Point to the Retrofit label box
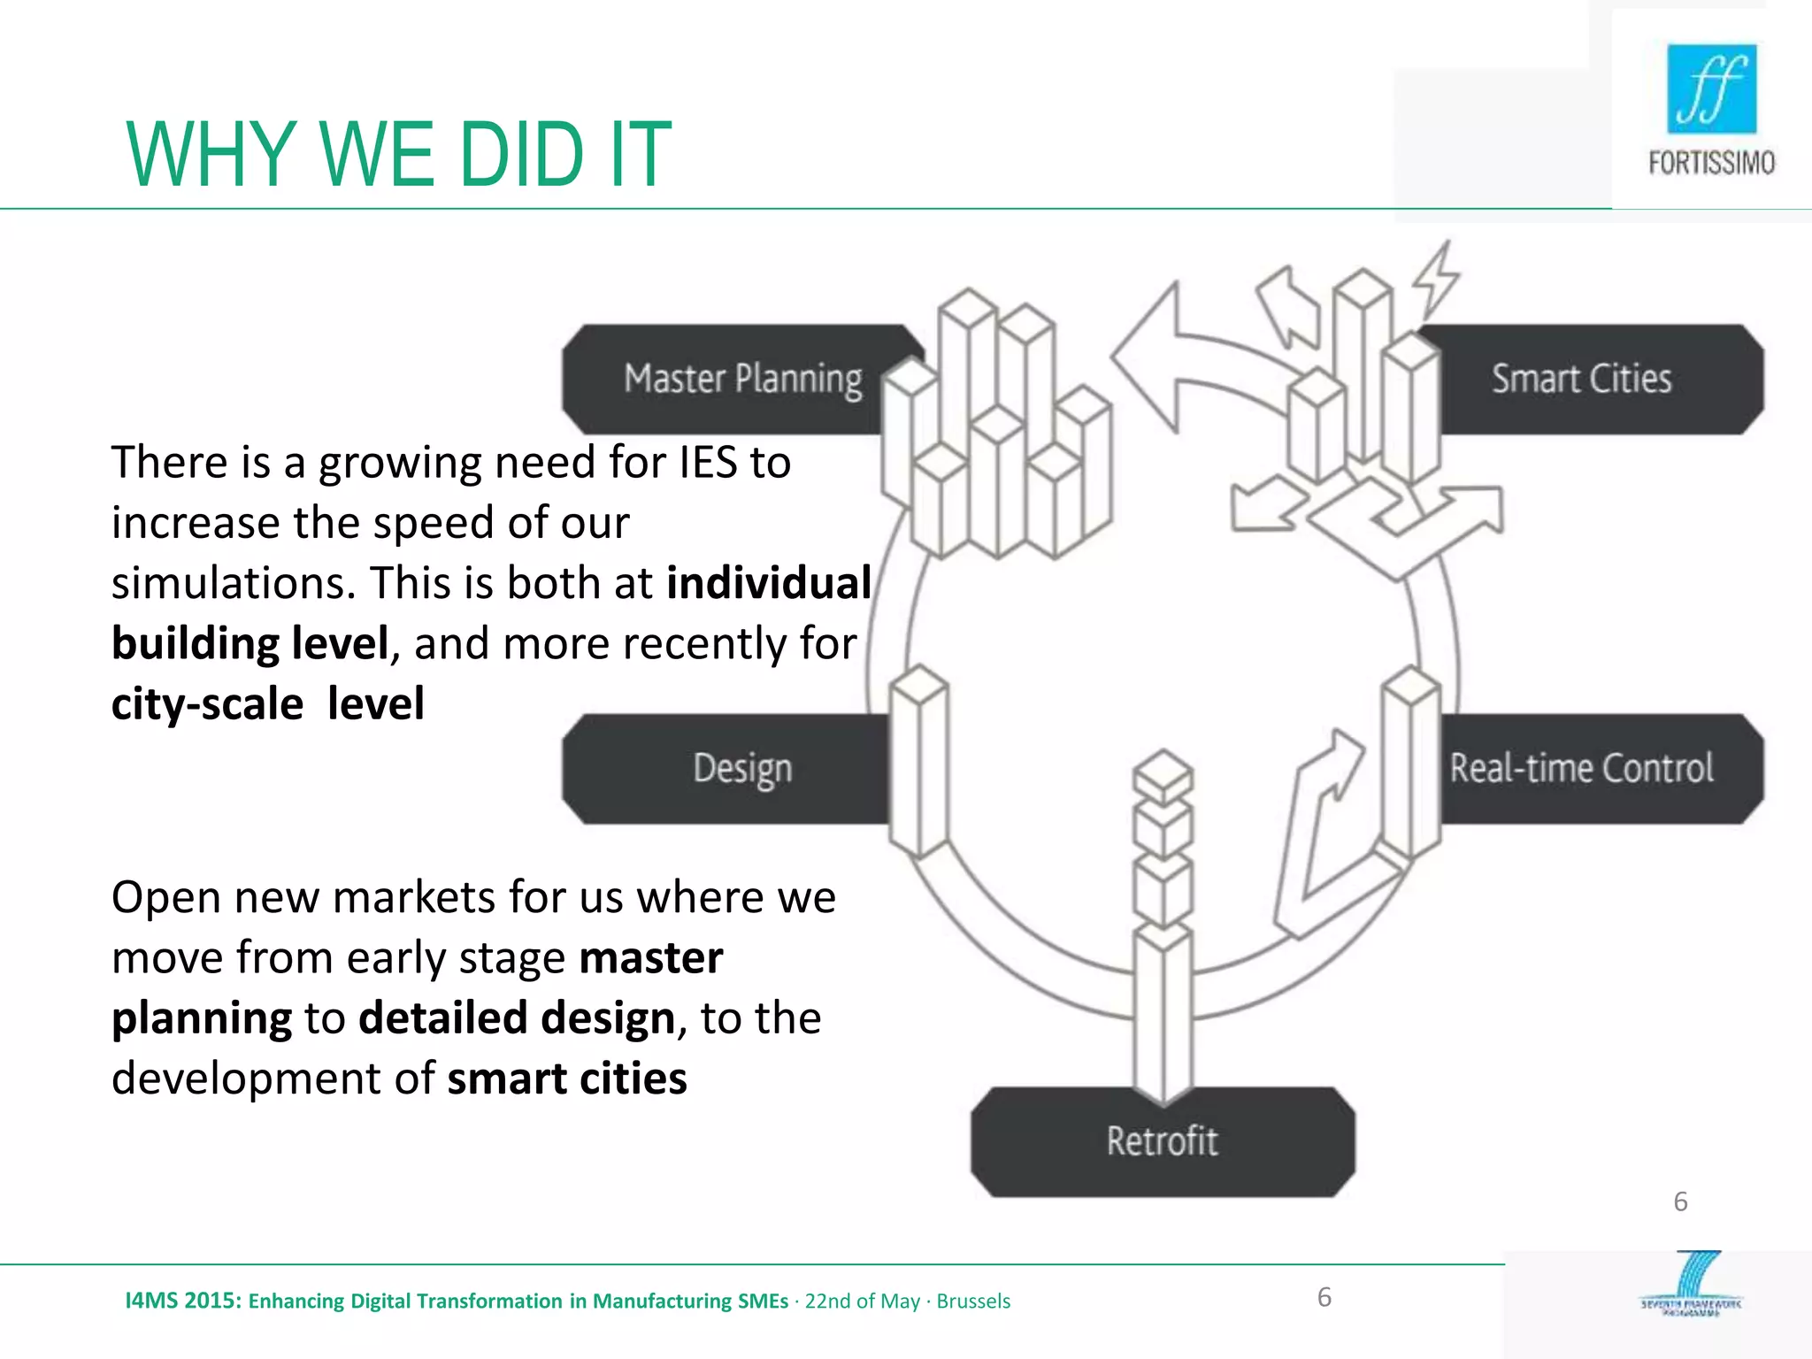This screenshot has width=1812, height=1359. tap(1162, 1141)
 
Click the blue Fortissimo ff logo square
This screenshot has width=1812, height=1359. tap(1711, 88)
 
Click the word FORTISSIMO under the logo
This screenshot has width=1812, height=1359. tap(1711, 163)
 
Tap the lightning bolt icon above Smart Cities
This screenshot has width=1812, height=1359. tap(1435, 279)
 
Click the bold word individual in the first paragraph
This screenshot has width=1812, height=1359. tap(768, 583)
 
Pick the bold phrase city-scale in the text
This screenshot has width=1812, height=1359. tap(207, 704)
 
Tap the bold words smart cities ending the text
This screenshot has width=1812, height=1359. tap(567, 1079)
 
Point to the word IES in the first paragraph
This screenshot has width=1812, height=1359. tap(708, 463)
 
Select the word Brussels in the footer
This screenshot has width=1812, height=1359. tap(973, 1301)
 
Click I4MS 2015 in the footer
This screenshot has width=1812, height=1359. tap(182, 1301)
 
